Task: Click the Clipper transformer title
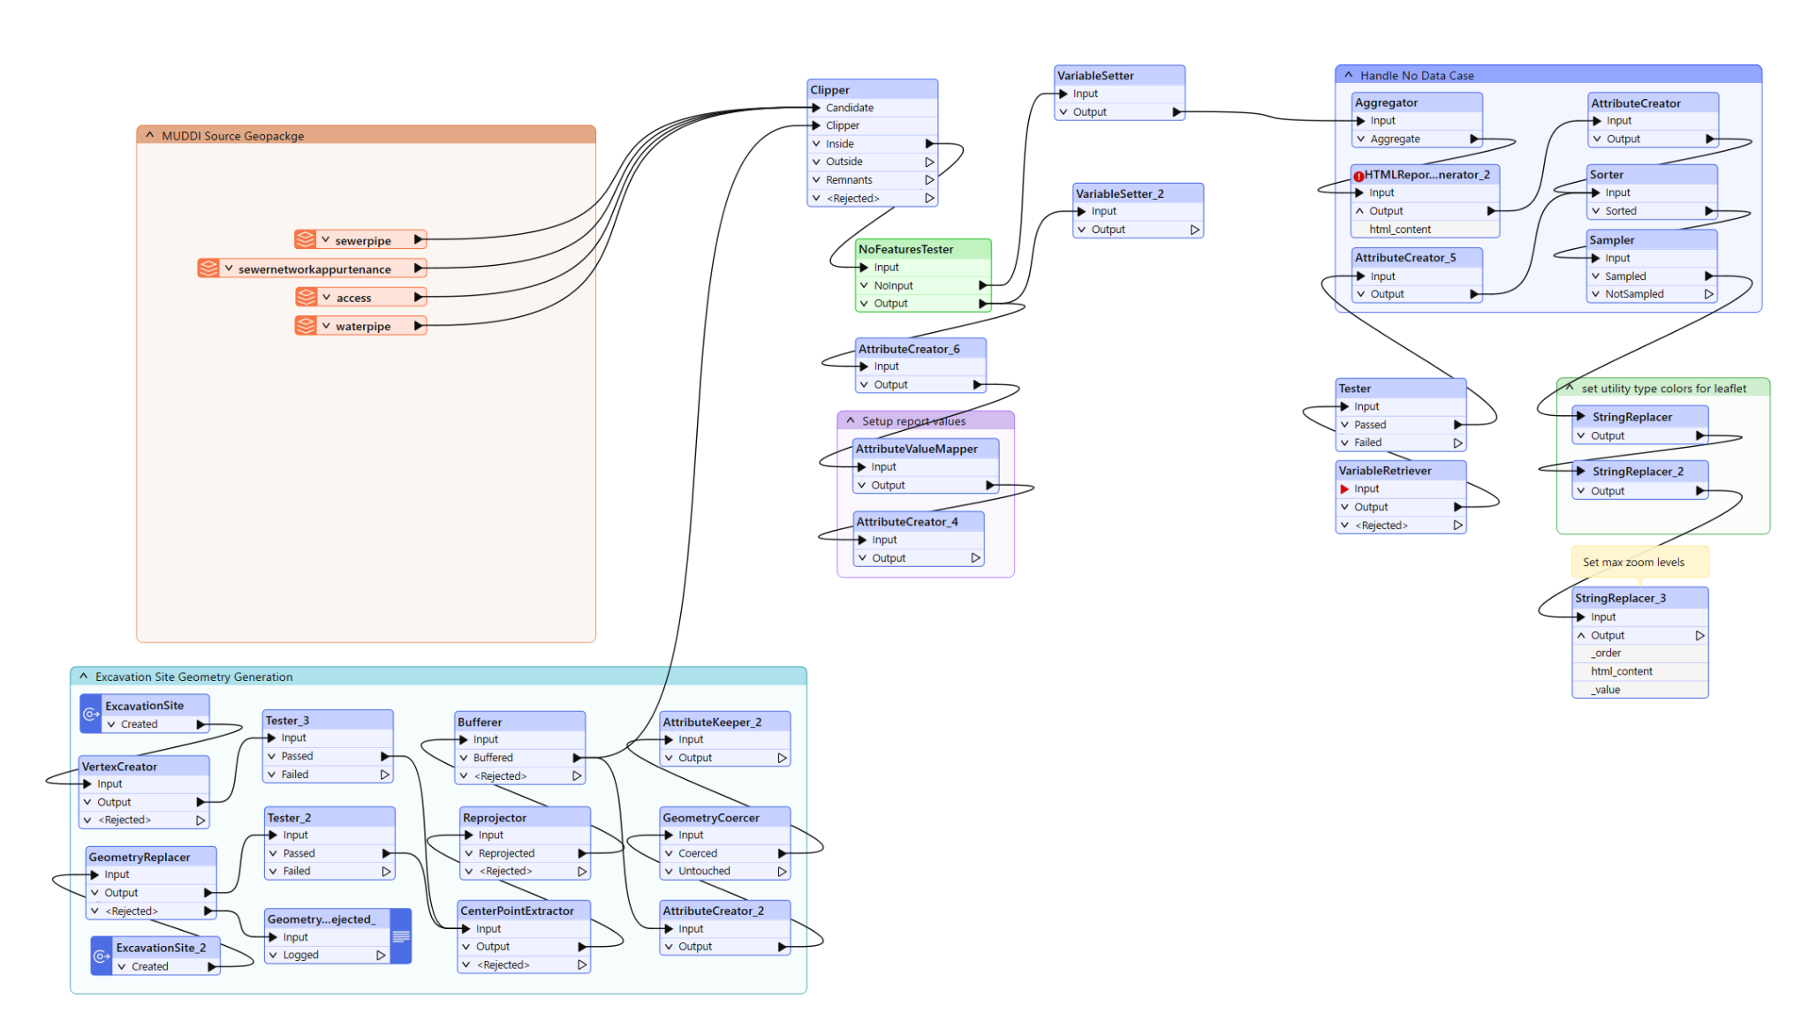(x=829, y=89)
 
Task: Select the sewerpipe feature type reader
(x=360, y=239)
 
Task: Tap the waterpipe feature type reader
(x=360, y=326)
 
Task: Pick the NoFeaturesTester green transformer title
(x=905, y=249)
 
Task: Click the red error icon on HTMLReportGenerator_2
(x=1359, y=176)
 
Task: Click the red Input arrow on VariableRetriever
(x=1344, y=489)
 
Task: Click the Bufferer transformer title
(x=480, y=722)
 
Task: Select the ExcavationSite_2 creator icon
(x=102, y=957)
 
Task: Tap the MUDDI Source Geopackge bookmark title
(x=232, y=136)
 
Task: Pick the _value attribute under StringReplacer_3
(x=1607, y=690)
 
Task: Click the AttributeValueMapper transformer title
(x=916, y=449)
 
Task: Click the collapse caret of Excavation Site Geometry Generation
(x=83, y=677)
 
